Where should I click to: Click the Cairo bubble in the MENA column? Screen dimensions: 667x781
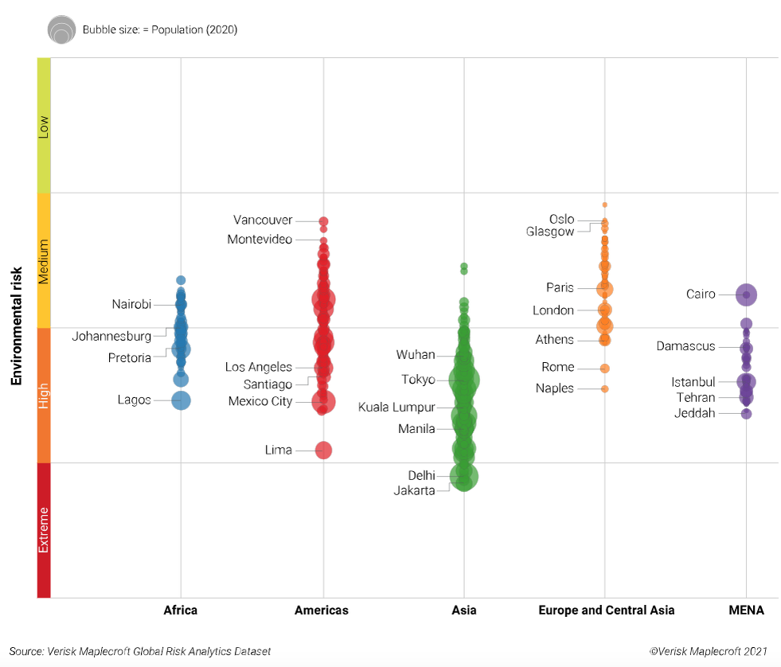click(x=746, y=294)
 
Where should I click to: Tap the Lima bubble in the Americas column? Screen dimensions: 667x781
click(x=323, y=451)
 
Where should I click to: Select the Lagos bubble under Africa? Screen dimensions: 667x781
click(x=181, y=400)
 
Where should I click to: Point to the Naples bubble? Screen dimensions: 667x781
click(x=605, y=389)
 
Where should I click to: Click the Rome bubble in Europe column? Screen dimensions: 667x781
click(x=605, y=369)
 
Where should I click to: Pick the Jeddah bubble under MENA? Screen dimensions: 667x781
click(x=747, y=414)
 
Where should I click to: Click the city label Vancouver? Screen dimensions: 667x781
click(x=263, y=220)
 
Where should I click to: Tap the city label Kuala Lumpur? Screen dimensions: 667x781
click(x=396, y=408)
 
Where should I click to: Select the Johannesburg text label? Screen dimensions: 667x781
click(x=111, y=337)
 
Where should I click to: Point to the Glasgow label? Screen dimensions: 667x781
click(x=550, y=232)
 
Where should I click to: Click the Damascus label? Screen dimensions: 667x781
click(x=685, y=346)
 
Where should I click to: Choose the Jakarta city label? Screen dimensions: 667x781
click(x=414, y=490)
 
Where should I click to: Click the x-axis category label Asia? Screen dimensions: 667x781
click(x=464, y=610)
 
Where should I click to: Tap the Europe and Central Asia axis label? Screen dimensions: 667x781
click(x=606, y=610)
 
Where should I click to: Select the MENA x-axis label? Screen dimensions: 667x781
click(x=746, y=610)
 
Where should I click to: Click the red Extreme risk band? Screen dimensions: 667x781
click(x=44, y=530)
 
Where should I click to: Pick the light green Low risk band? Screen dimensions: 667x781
click(x=44, y=125)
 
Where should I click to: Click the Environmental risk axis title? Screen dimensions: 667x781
click(x=16, y=327)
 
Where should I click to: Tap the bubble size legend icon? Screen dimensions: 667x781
click(x=61, y=29)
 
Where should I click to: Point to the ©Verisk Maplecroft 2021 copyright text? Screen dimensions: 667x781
click(x=708, y=651)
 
